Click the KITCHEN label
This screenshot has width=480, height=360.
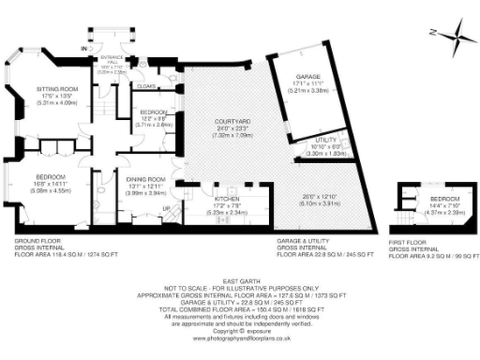click(229, 200)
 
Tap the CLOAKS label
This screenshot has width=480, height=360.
click(145, 85)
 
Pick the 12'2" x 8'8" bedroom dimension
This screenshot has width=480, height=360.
click(154, 117)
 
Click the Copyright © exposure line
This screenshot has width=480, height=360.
click(241, 330)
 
